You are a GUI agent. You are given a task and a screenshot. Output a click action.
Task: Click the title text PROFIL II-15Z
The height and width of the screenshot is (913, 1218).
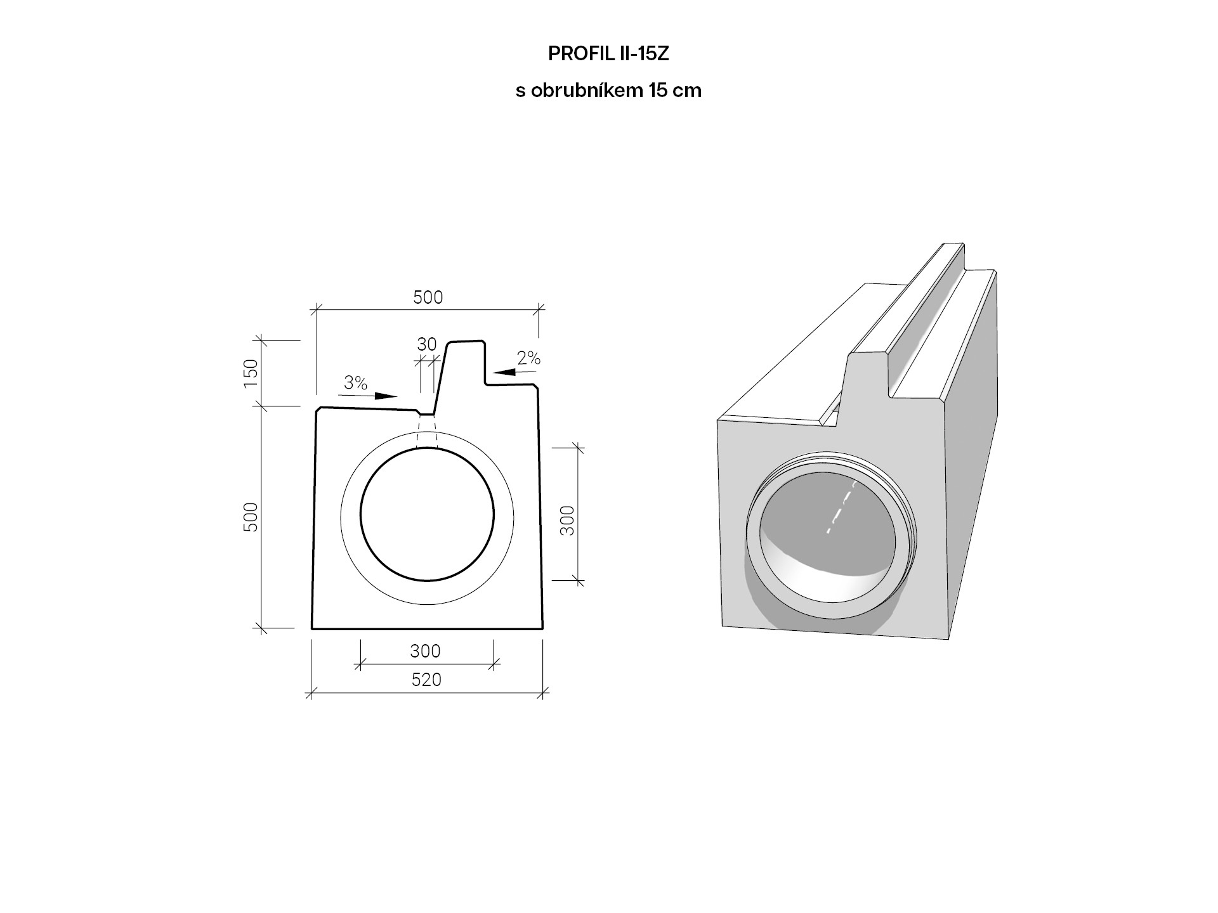(608, 54)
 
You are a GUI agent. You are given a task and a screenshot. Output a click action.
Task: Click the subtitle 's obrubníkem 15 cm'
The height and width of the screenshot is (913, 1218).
(608, 91)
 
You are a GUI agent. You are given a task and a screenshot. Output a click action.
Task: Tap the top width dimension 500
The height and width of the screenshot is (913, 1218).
(428, 297)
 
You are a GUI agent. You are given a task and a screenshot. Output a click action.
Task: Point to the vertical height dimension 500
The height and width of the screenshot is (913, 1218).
(251, 517)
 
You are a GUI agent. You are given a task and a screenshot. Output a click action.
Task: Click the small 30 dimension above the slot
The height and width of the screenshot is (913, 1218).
(427, 344)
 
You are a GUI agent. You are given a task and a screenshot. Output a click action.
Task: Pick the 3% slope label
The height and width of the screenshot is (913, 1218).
(356, 383)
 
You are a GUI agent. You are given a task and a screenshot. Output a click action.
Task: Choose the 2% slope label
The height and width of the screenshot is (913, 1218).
(528, 359)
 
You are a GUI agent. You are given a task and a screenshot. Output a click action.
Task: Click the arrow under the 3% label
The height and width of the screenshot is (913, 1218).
(367, 396)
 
